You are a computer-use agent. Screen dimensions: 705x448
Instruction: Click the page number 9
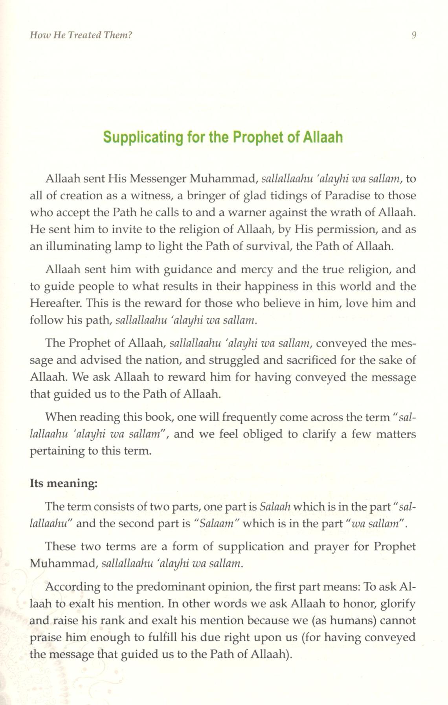pos(413,35)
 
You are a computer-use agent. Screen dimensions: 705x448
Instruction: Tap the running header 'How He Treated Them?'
pos(81,35)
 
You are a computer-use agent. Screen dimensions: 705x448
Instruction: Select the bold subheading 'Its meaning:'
pos(63,483)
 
